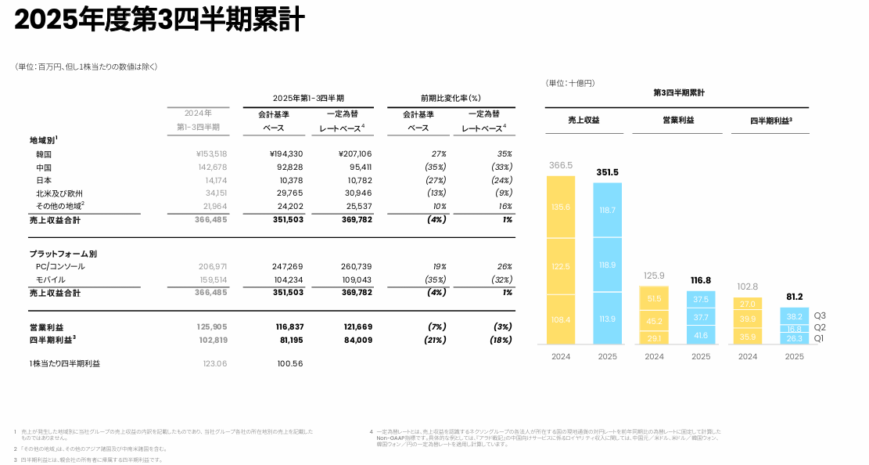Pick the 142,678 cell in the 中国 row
tap(211, 167)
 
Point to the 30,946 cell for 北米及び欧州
tap(356, 193)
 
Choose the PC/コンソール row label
tap(60, 266)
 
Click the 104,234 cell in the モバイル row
tap(286, 279)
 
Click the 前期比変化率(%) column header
tap(450, 99)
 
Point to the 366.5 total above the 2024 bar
tap(560, 165)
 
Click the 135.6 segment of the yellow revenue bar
tap(560, 207)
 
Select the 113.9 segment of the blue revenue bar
tap(607, 319)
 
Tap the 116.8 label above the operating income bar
tap(701, 280)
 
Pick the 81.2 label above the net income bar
tap(794, 297)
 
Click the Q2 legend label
tap(820, 327)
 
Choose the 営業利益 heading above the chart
tap(678, 121)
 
